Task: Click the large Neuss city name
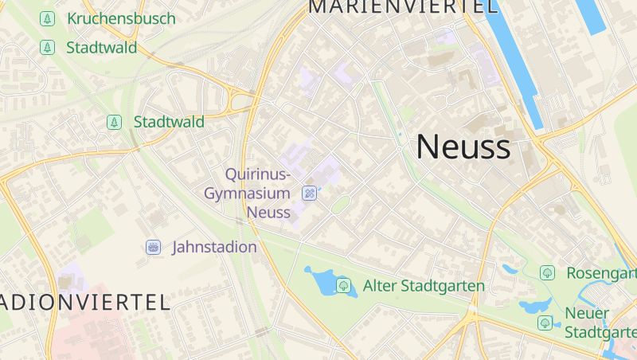click(463, 147)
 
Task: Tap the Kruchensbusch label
click(121, 18)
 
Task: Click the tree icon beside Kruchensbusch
click(48, 18)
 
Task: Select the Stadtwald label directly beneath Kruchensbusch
click(101, 48)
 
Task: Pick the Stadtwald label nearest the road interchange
click(169, 122)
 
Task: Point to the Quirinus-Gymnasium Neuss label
click(247, 193)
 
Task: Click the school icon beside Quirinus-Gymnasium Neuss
click(310, 193)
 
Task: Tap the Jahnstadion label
click(214, 247)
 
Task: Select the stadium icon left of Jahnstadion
click(153, 247)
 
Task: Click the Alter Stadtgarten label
click(424, 285)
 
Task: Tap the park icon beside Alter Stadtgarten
click(343, 285)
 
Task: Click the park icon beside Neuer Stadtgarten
click(545, 323)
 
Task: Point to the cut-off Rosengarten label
click(601, 273)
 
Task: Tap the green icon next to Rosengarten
click(547, 273)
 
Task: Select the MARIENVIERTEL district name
click(403, 7)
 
